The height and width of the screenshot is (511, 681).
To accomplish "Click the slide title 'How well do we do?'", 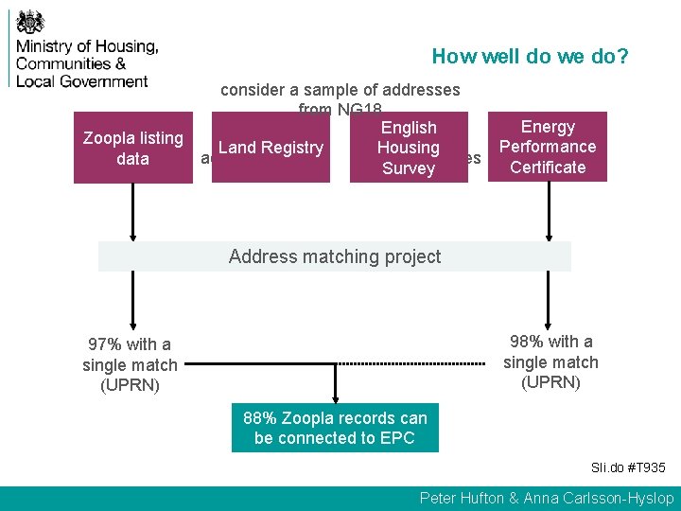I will pos(530,56).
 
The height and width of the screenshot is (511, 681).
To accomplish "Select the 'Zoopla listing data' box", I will pos(132,149).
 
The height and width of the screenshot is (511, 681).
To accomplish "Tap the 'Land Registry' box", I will pos(271,148).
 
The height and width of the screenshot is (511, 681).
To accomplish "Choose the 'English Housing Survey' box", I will pos(409,148).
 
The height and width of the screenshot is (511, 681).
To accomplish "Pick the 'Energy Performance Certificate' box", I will pos(548,147).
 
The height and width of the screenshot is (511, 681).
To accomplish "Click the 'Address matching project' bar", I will pos(335,256).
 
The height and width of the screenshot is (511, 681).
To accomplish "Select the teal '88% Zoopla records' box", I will pos(335,428).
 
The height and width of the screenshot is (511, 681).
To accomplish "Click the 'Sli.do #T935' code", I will pos(628,467).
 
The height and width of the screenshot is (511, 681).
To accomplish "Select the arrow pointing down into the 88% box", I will pos(335,384).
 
